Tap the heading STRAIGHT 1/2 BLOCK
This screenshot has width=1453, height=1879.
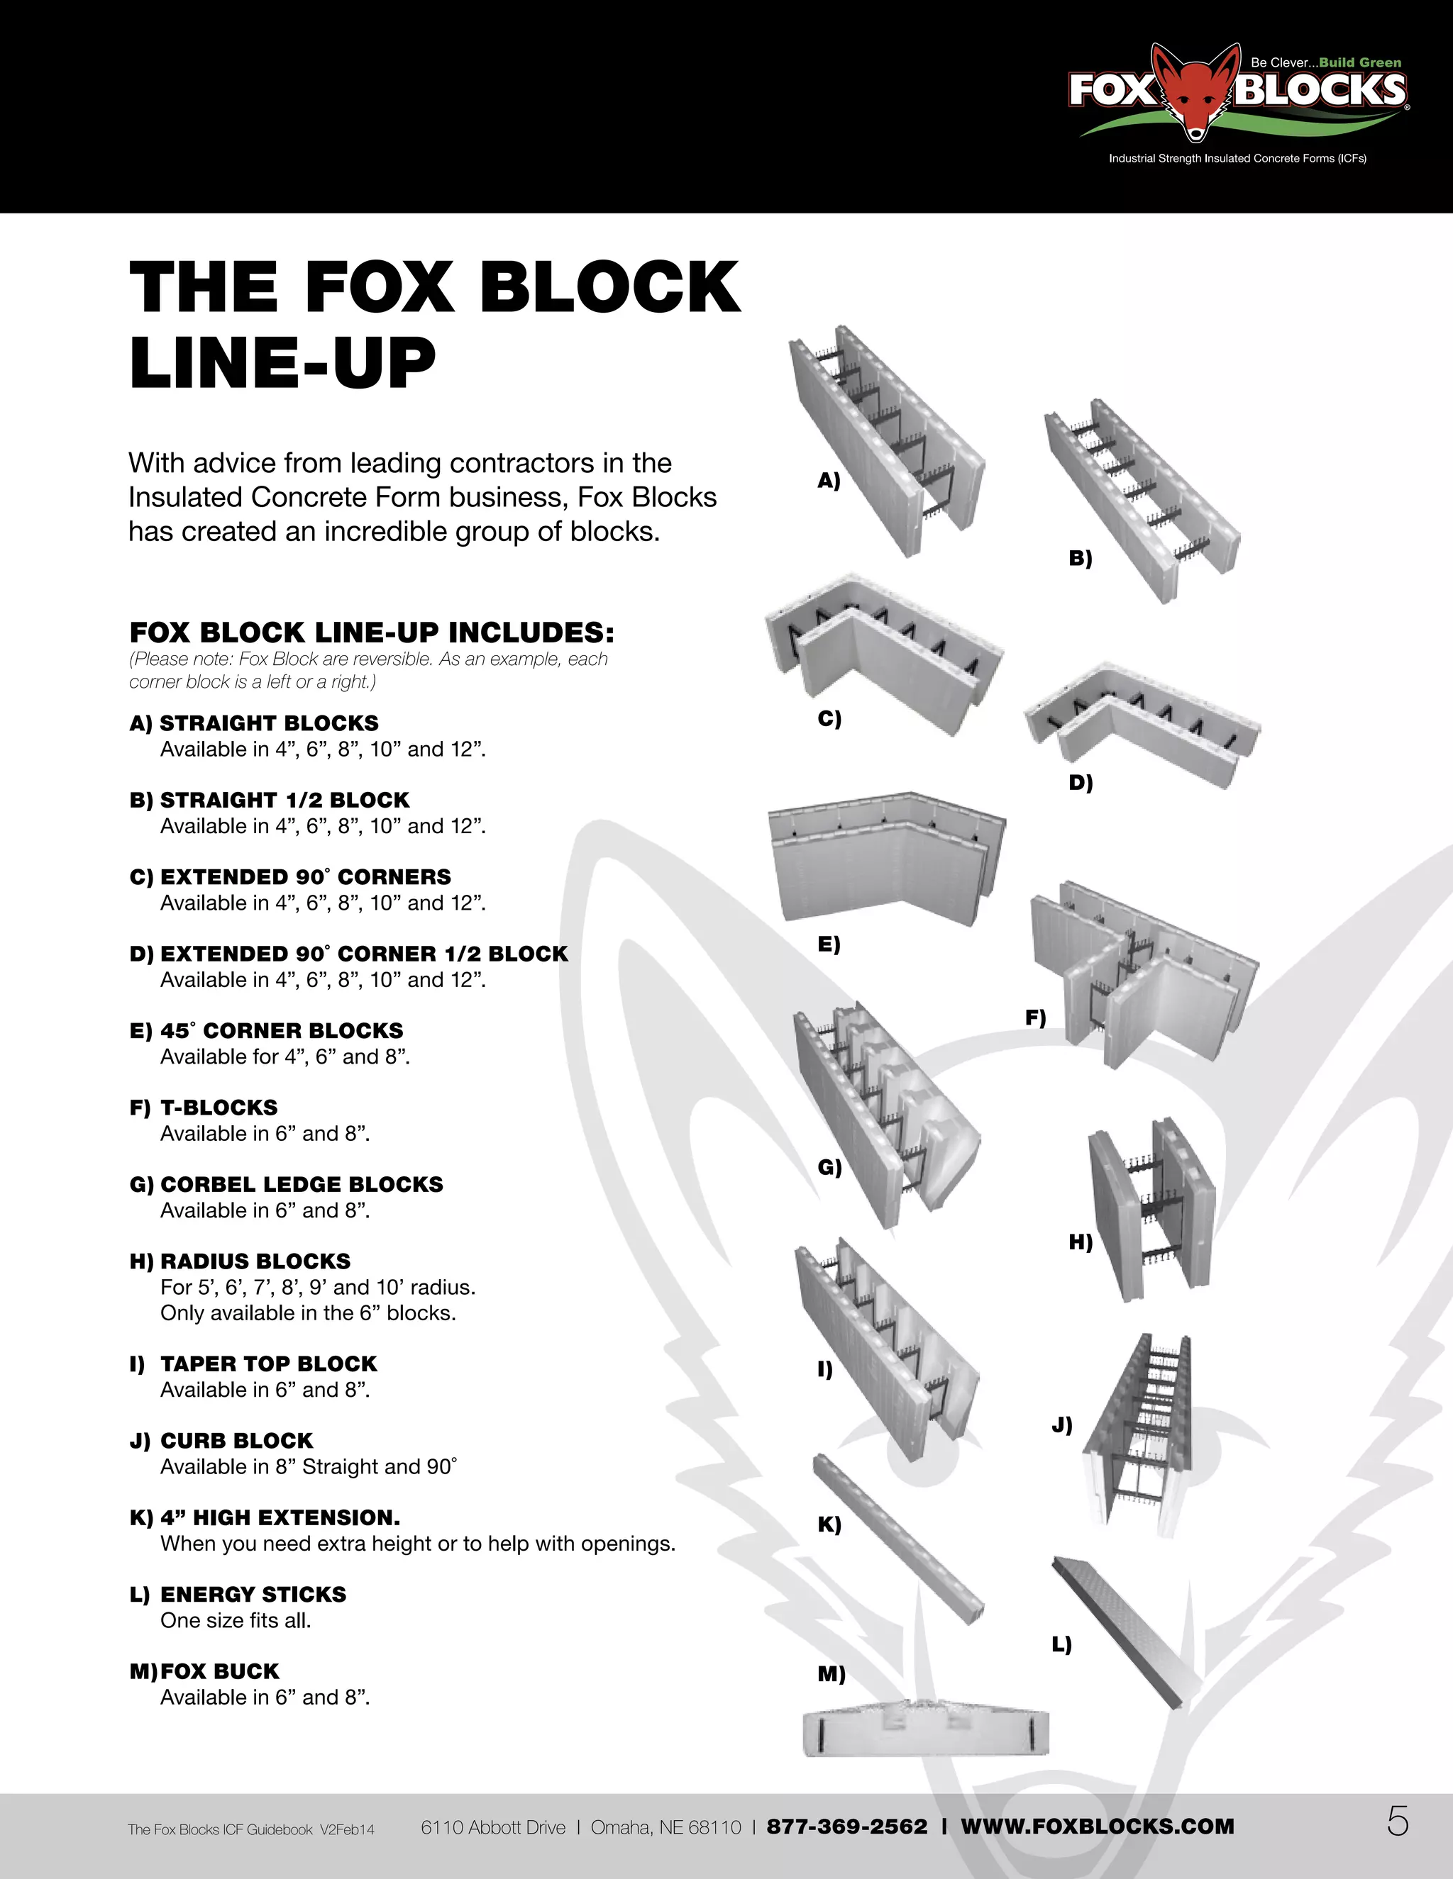tap(284, 799)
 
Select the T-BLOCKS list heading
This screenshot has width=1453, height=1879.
tap(219, 1108)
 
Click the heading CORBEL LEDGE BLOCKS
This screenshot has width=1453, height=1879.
tap(302, 1184)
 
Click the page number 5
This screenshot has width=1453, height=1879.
tap(1397, 1822)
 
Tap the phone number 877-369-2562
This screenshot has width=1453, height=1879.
tap(846, 1826)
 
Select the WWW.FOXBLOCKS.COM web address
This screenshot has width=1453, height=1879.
tap(1097, 1826)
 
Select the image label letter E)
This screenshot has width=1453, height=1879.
tap(828, 944)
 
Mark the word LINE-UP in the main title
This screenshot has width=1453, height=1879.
tap(282, 362)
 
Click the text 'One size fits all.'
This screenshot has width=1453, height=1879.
tap(235, 1620)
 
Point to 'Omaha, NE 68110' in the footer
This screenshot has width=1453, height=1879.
tap(665, 1826)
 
